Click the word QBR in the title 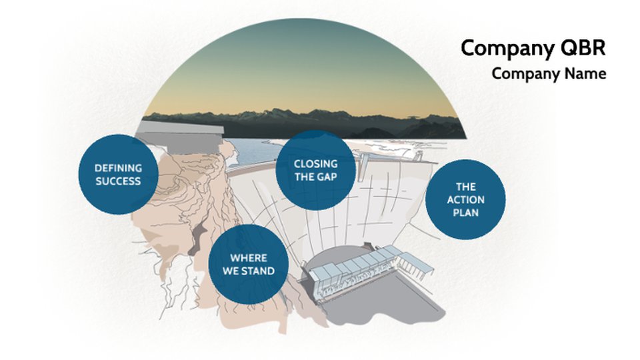point(583,48)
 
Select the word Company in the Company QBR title point(508,49)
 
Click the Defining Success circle point(118,174)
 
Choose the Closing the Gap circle point(315,170)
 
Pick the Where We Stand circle point(248,264)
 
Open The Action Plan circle point(465,199)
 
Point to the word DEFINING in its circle point(118,168)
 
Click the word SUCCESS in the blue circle point(118,181)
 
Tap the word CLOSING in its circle point(315,164)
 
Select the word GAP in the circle point(328,177)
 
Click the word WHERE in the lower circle point(248,258)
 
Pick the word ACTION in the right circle point(465,199)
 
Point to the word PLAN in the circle point(465,213)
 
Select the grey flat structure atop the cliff point(179,135)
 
